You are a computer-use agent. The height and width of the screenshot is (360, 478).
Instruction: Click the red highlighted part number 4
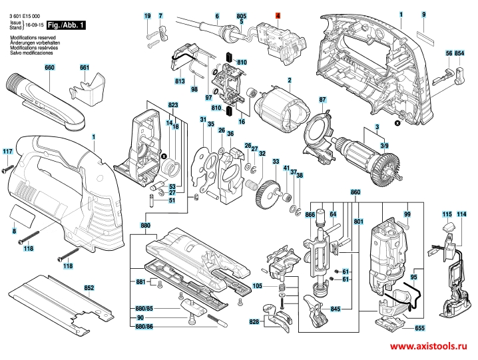pyautogui.click(x=278, y=15)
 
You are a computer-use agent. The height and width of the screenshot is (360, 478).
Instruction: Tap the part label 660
pyautogui.click(x=49, y=68)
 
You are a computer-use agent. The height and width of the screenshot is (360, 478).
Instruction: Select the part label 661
pyautogui.click(x=84, y=68)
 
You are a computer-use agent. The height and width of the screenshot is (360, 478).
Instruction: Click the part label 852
pyautogui.click(x=89, y=288)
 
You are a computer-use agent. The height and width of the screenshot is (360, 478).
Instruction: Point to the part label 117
pyautogui.click(x=7, y=152)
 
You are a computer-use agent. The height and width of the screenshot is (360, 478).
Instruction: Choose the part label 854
pyautogui.click(x=459, y=53)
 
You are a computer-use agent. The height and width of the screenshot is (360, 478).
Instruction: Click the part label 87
pyautogui.click(x=322, y=100)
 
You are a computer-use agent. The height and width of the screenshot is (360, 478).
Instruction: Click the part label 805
pyautogui.click(x=242, y=15)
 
